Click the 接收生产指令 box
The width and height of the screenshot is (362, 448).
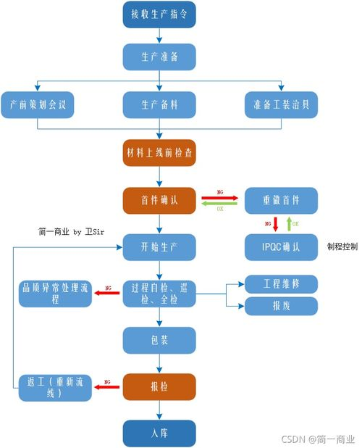[x=159, y=14]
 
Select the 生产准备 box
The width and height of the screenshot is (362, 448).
[x=159, y=57]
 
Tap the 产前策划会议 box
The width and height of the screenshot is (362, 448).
[x=38, y=104]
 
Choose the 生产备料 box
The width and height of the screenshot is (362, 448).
[x=159, y=104]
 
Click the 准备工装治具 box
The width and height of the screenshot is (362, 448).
[x=281, y=104]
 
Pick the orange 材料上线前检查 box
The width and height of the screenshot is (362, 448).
[x=159, y=153]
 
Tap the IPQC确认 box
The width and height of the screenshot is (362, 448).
[x=281, y=246]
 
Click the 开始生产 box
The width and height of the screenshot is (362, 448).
[x=159, y=246]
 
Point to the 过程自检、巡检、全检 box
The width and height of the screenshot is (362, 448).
[x=159, y=293]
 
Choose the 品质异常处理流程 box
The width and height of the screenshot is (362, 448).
[x=54, y=293]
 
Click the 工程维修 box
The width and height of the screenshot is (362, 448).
[x=281, y=283]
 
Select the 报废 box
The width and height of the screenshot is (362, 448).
[x=281, y=306]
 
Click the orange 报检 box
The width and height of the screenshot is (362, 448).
[x=159, y=386]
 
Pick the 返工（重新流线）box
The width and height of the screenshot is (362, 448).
[x=54, y=387]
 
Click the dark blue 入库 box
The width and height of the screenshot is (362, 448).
[x=159, y=433]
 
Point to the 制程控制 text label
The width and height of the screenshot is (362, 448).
[x=342, y=246]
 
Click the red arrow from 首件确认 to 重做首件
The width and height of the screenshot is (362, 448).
[x=219, y=195]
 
